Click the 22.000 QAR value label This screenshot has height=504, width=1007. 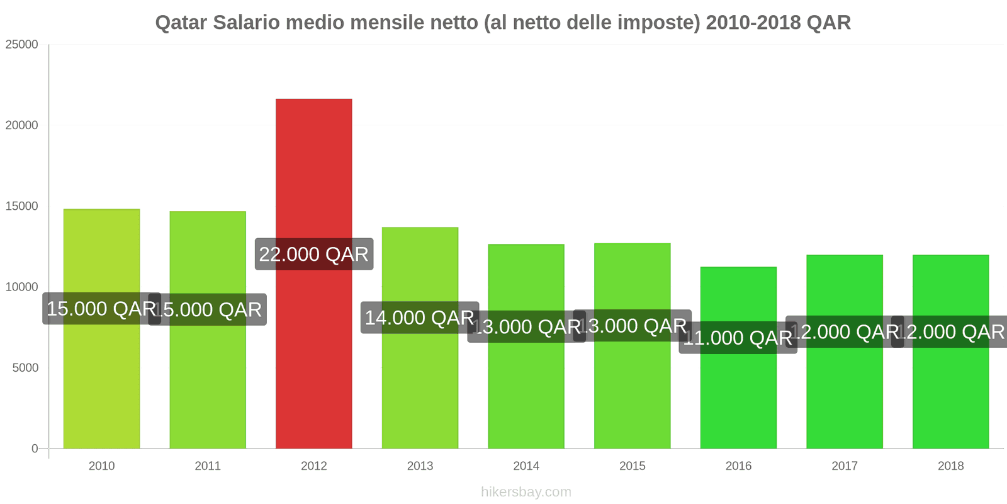(313, 255)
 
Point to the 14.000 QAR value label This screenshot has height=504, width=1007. (419, 318)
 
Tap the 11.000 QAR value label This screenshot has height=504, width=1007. (738, 338)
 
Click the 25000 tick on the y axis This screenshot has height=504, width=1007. (22, 45)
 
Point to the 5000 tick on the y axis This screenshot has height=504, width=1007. (26, 368)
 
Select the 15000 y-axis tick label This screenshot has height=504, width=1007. (22, 206)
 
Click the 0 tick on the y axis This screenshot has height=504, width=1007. (35, 449)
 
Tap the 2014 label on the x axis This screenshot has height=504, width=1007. (526, 466)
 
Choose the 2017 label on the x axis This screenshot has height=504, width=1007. (845, 466)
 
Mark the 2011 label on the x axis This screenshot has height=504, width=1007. (208, 466)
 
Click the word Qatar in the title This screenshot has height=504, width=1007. (181, 23)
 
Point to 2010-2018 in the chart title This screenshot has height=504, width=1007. (753, 23)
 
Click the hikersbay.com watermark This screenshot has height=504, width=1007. (526, 492)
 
